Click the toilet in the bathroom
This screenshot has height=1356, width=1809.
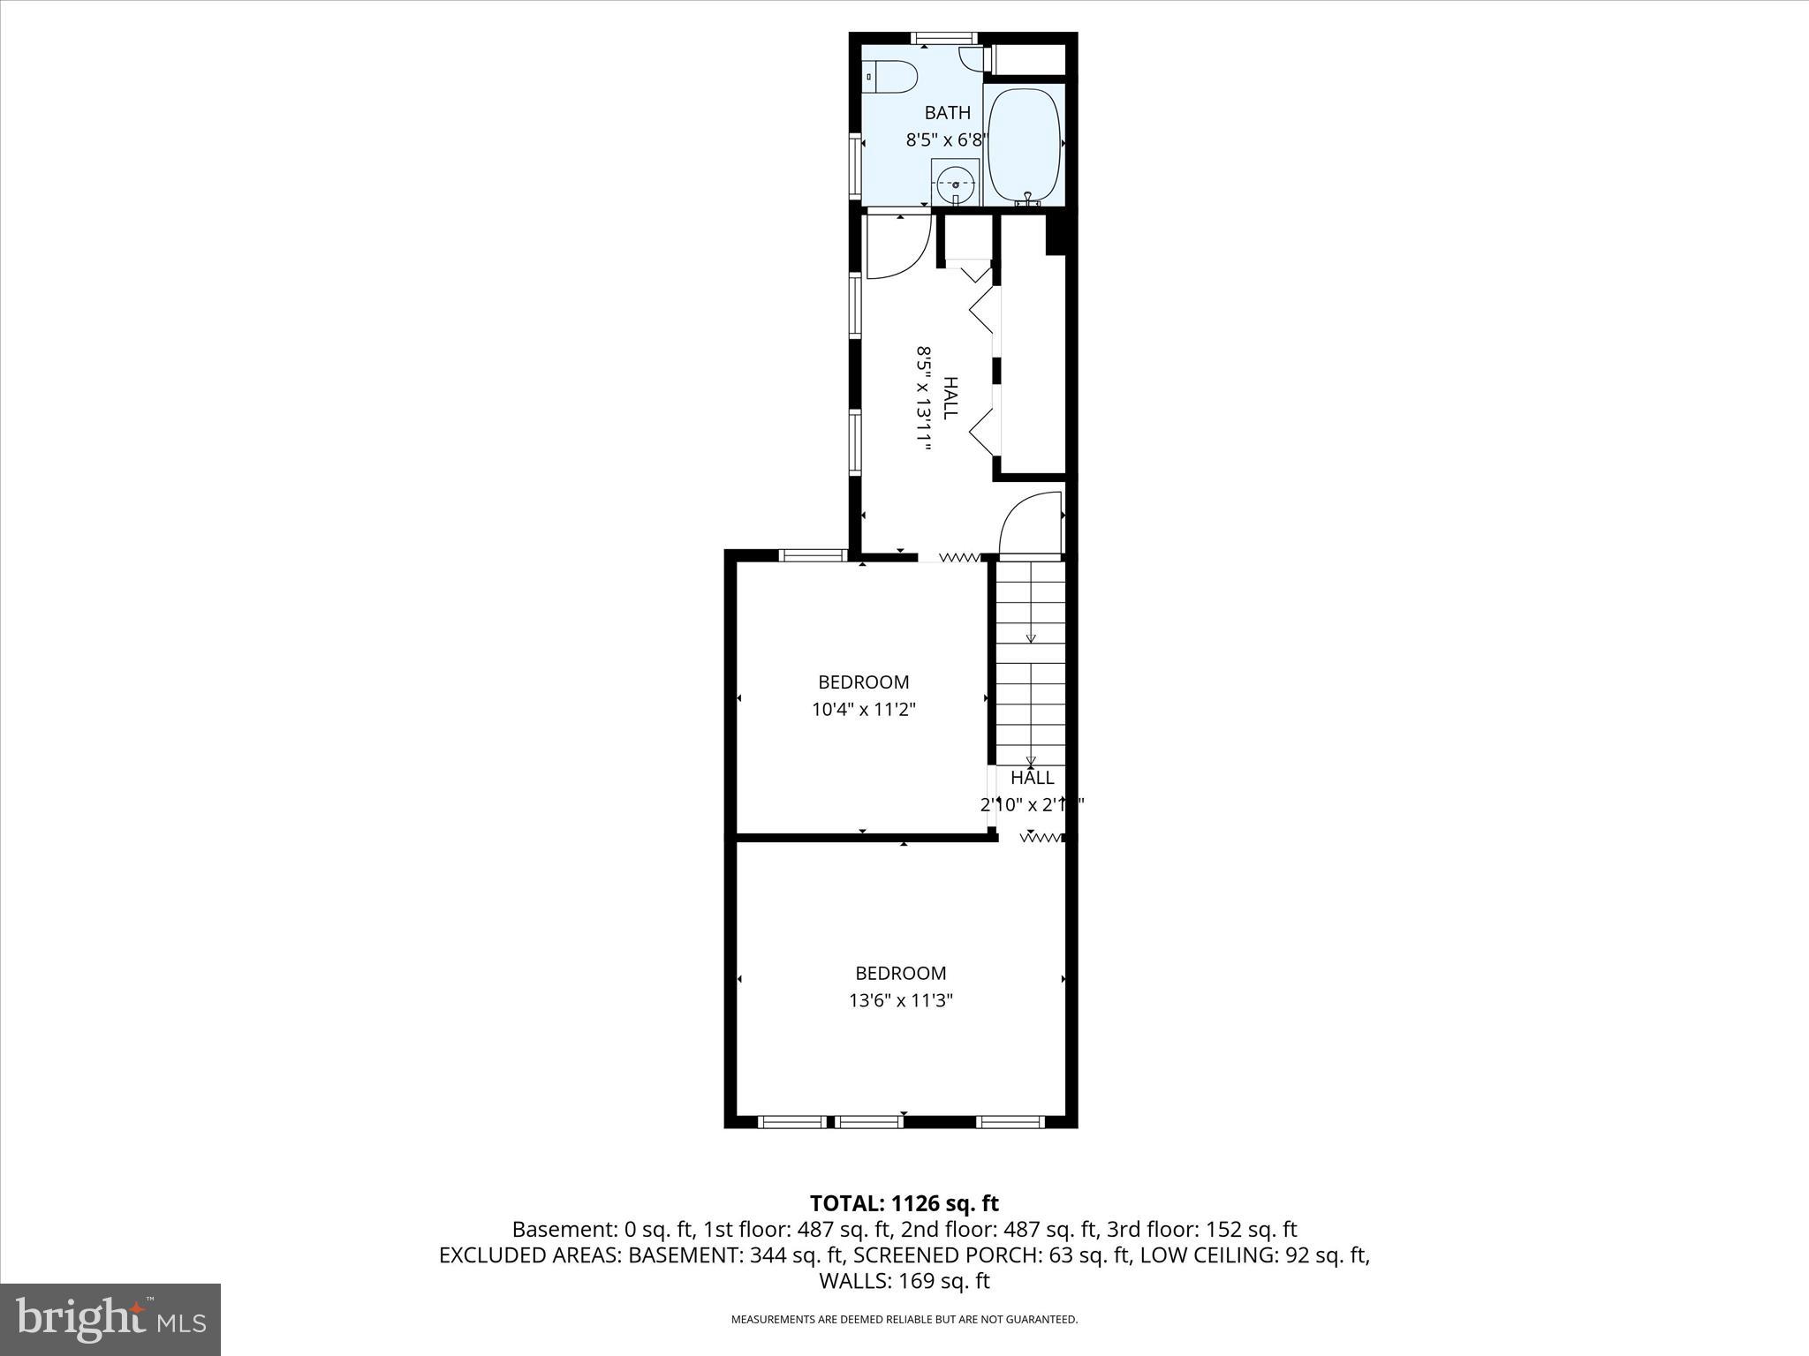[x=891, y=77]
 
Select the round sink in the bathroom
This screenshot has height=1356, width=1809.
[x=956, y=185]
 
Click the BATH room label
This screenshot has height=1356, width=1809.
[x=947, y=113]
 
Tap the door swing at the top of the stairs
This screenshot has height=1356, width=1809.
[x=1030, y=524]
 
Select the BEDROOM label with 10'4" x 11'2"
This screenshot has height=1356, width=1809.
[x=863, y=682]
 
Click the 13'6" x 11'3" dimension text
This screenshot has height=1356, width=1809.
[x=900, y=1000]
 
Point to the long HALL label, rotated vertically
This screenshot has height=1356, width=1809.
[x=950, y=398]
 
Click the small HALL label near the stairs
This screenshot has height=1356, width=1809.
[x=1032, y=778]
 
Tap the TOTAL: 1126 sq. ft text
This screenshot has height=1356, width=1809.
[x=904, y=1203]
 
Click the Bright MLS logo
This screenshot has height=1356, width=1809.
[x=110, y=1319]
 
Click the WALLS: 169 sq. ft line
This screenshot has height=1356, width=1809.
[x=904, y=1280]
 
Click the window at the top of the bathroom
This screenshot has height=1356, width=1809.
[x=944, y=38]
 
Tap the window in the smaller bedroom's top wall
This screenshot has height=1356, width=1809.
[x=813, y=555]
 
